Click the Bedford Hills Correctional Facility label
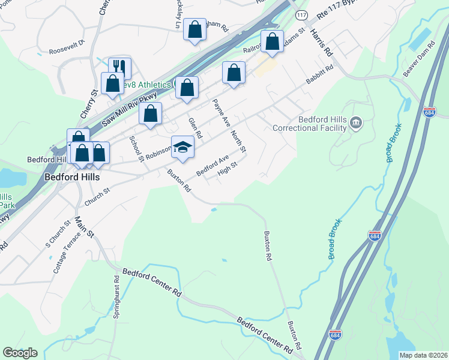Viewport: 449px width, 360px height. tap(310, 124)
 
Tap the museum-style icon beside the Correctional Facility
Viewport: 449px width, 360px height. tap(356, 124)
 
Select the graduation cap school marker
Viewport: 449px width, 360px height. tap(182, 146)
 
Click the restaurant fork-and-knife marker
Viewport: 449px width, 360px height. tap(120, 67)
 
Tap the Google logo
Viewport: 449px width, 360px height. tap(20, 353)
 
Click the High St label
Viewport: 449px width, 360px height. tap(228, 170)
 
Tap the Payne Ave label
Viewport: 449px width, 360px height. tap(220, 112)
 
